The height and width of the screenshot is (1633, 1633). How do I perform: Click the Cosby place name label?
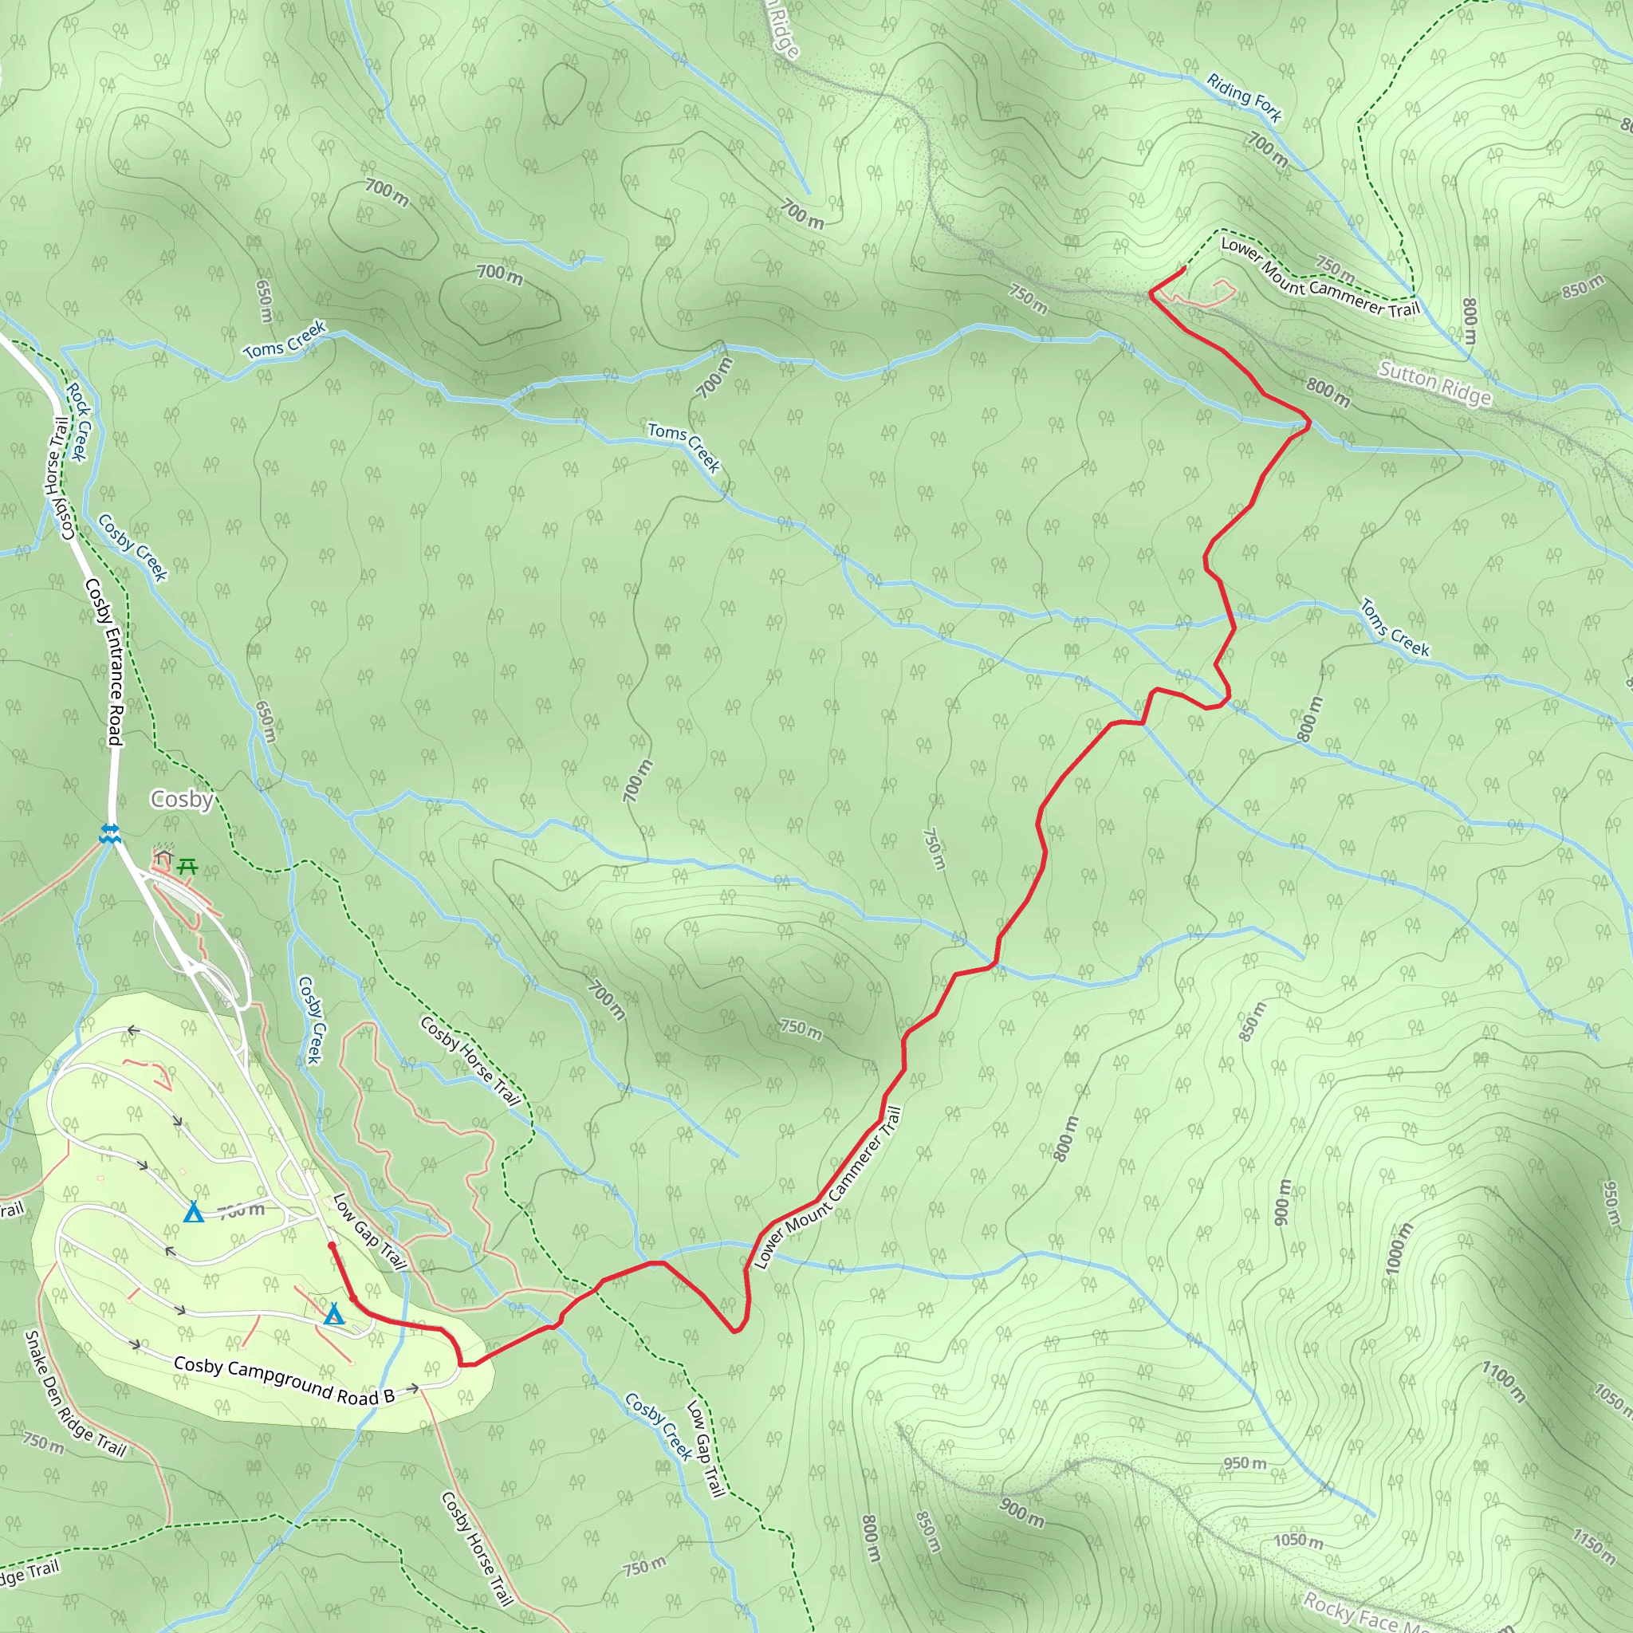tap(181, 799)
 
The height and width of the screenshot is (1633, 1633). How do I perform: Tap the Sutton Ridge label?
tap(1434, 383)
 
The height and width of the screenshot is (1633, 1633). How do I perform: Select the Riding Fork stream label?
tap(1243, 97)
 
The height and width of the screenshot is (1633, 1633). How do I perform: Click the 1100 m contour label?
tap(1503, 1381)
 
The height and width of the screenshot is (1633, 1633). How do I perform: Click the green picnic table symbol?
tap(187, 867)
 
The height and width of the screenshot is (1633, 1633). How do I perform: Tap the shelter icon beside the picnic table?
tap(164, 859)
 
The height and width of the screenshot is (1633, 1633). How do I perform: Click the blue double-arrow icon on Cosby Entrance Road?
tap(110, 833)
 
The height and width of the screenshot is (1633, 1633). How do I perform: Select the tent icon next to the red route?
tap(334, 1314)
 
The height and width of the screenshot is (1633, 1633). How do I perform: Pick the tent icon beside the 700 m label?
tap(194, 1212)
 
